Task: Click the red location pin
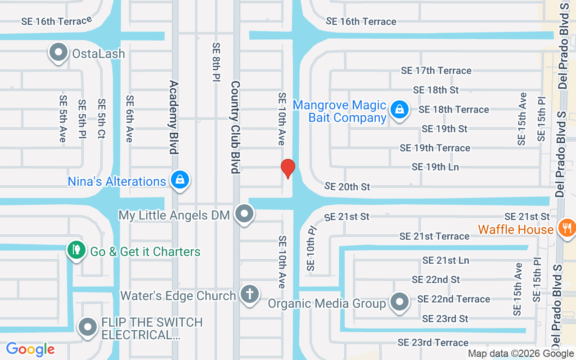coord(288,169)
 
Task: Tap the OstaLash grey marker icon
coord(58,53)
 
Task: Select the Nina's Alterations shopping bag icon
coord(180,180)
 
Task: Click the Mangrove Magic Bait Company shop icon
coord(399,109)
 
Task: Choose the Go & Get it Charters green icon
coord(76,250)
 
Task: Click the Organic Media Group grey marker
coord(399,302)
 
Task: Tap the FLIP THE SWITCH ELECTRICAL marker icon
coord(88,327)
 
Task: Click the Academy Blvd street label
coord(174,117)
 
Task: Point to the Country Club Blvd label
coord(235,127)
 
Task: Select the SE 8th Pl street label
coord(216,62)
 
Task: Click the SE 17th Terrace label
coord(436,71)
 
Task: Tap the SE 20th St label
coord(347,186)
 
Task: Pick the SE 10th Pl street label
coord(311,248)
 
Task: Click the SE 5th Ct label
coord(102,118)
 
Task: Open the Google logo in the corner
coord(30,349)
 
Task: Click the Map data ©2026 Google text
coord(521,354)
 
